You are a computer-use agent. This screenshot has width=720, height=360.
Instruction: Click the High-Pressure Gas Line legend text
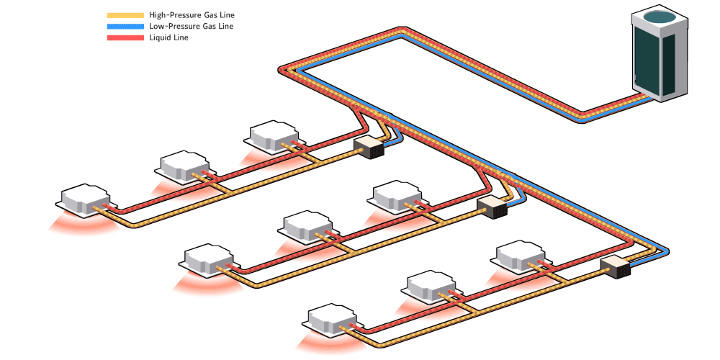[192, 15]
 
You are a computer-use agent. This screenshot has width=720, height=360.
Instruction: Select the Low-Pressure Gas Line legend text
[191, 27]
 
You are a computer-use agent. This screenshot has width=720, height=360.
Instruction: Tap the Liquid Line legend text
[169, 37]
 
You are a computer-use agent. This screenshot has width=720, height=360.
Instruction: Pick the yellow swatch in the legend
[125, 15]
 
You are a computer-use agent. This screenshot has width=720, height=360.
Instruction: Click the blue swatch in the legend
[125, 27]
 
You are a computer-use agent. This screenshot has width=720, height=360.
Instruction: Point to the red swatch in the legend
[125, 37]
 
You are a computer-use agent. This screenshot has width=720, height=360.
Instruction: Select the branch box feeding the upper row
[371, 147]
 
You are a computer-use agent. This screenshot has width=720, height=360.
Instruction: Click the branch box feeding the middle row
[493, 207]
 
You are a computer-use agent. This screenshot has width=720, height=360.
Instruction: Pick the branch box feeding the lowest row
[616, 267]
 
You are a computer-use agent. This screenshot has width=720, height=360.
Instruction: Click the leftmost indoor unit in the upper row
[86, 201]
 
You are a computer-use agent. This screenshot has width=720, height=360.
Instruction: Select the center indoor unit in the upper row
[182, 165]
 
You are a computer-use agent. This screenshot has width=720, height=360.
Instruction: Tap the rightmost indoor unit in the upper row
[274, 135]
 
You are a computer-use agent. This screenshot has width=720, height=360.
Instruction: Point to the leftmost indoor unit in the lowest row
[333, 321]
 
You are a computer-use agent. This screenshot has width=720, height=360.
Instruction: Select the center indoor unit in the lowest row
[431, 286]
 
